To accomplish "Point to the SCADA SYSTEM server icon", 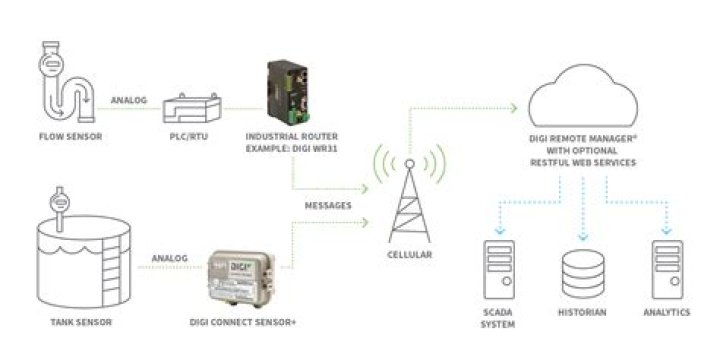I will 499,270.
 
